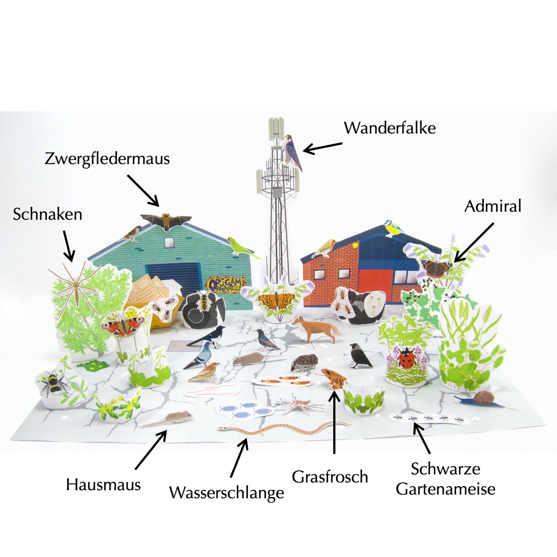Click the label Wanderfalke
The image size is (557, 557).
[x=390, y=128]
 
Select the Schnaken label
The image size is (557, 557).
[x=47, y=214]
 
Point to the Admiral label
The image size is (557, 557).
[x=493, y=206]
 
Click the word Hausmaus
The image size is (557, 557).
[x=103, y=485]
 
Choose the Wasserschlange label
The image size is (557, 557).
[x=227, y=493]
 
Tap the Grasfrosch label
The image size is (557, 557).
[x=330, y=477]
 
